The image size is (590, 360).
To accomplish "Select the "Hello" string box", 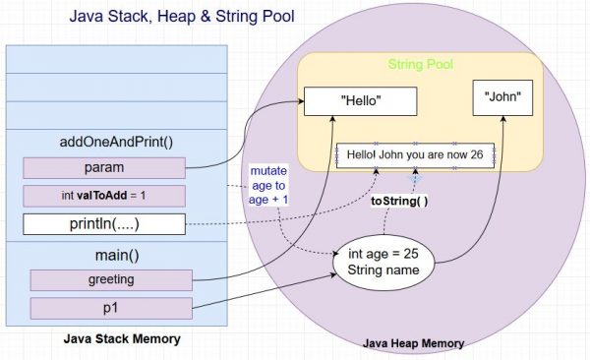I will coord(361,101).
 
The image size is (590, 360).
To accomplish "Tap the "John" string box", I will coord(502,97).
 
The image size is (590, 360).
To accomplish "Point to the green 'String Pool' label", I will coord(420,65).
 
